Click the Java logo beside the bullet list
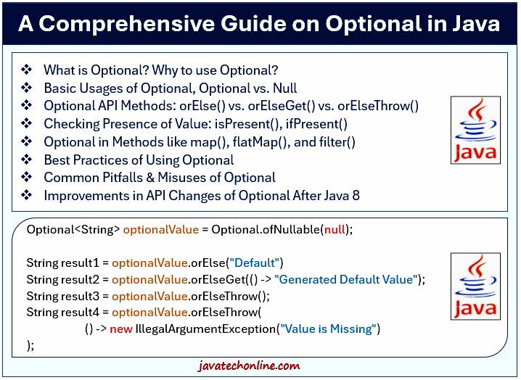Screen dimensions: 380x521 tap(475, 130)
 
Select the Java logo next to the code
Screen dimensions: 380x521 tap(475, 286)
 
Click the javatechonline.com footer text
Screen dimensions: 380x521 tap(259, 366)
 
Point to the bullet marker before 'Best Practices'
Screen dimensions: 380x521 tap(27, 160)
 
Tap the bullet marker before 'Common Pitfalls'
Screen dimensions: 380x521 tap(27, 177)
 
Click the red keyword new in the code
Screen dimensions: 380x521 tap(120, 329)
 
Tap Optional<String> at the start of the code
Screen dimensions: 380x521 tap(73, 230)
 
